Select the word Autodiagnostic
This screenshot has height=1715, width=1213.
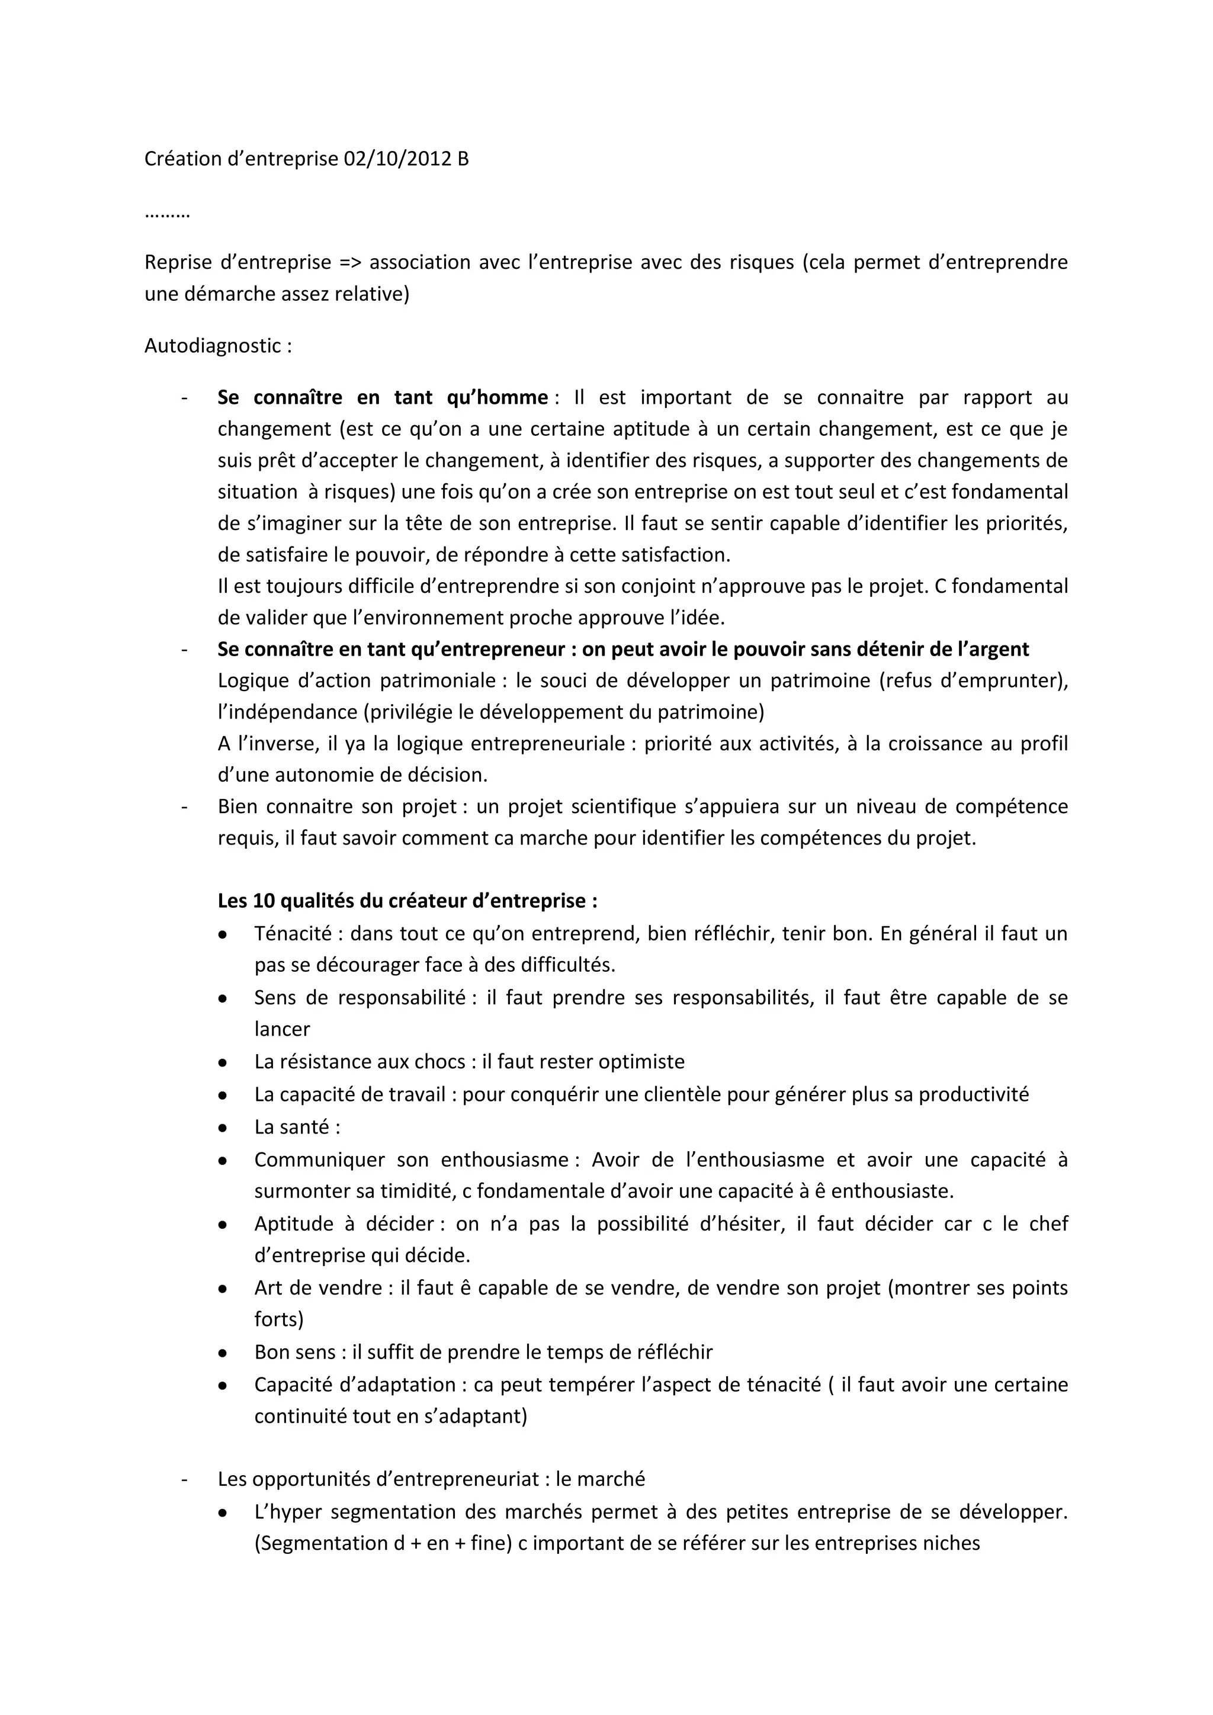tap(212, 346)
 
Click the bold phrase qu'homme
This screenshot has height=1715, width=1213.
tap(497, 397)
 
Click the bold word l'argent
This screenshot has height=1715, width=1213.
tap(991, 649)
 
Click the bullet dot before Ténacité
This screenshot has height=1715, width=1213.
tap(223, 934)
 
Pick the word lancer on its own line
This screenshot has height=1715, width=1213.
tap(281, 1029)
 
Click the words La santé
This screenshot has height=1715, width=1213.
tap(291, 1127)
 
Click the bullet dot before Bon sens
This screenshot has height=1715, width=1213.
tap(223, 1353)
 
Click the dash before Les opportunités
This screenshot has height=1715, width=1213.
tap(184, 1479)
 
